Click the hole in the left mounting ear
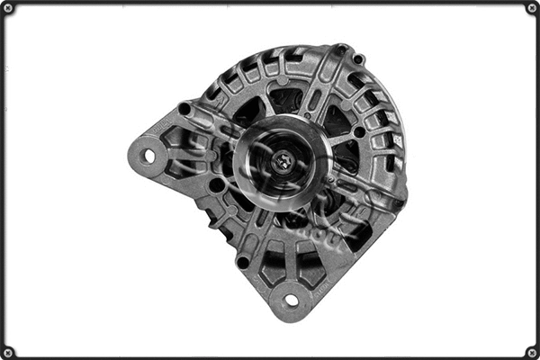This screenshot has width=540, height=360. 149,156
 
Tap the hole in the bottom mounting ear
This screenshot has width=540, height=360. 291,300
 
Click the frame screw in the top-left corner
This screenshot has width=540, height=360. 8,8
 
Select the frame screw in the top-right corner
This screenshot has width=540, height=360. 532,8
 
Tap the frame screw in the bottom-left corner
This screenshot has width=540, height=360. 8,352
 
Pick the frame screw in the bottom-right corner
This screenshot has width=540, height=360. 532,352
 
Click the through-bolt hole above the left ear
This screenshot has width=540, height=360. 184,109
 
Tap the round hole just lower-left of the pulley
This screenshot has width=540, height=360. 217,184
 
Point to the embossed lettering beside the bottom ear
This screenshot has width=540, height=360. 326,285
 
